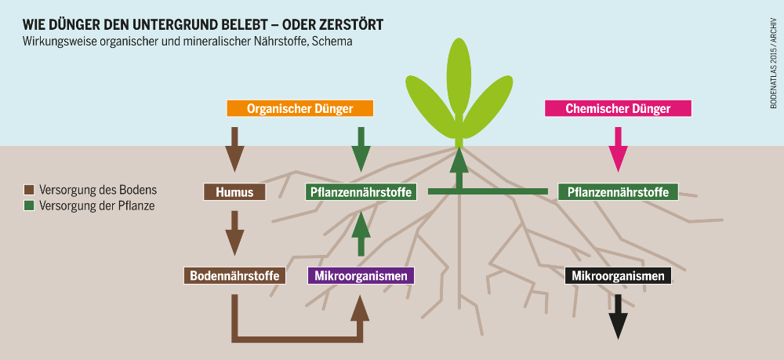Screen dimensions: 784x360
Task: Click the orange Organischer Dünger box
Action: [300, 108]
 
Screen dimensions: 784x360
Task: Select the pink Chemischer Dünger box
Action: [618, 108]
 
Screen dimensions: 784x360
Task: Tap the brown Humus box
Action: [234, 192]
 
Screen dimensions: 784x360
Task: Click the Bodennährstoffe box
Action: [234, 276]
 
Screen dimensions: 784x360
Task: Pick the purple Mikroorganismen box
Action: [361, 276]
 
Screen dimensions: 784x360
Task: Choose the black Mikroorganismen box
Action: [618, 276]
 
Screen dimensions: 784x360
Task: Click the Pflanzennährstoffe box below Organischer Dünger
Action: [361, 192]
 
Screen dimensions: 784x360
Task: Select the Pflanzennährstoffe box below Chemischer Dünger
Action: [618, 192]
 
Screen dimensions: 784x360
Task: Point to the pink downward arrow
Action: [618, 150]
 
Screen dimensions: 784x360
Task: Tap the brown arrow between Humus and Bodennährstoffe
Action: [234, 234]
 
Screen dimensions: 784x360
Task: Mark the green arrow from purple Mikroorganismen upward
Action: [361, 234]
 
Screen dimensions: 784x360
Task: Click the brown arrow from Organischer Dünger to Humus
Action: [234, 150]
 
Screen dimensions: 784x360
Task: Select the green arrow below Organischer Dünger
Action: [361, 150]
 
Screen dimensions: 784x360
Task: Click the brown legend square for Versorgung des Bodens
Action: [28, 190]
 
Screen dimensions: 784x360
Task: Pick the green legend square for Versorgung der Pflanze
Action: [28, 205]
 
